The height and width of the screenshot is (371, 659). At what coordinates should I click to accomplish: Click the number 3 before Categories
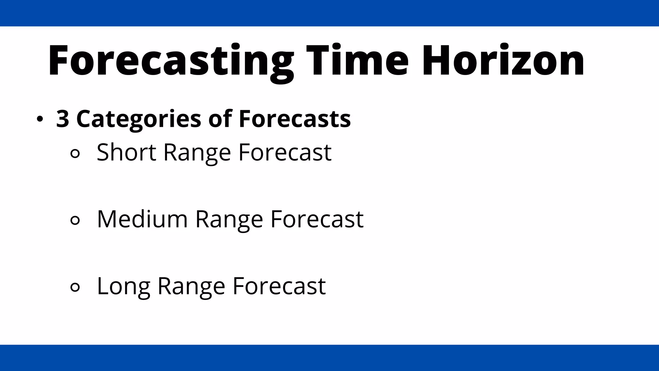point(62,119)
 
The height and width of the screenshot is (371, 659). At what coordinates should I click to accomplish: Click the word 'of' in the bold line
point(220,119)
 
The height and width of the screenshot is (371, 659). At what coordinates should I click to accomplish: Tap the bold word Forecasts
point(294,119)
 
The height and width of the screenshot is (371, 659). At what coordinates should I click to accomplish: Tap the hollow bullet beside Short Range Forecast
point(75,154)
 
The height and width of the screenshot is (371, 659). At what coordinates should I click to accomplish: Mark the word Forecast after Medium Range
point(317,219)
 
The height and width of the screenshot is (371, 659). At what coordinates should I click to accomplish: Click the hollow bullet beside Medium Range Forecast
point(75,221)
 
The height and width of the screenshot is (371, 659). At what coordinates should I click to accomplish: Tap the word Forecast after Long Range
point(279,286)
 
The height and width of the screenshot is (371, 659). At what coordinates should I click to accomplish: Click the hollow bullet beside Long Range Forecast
point(75,287)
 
